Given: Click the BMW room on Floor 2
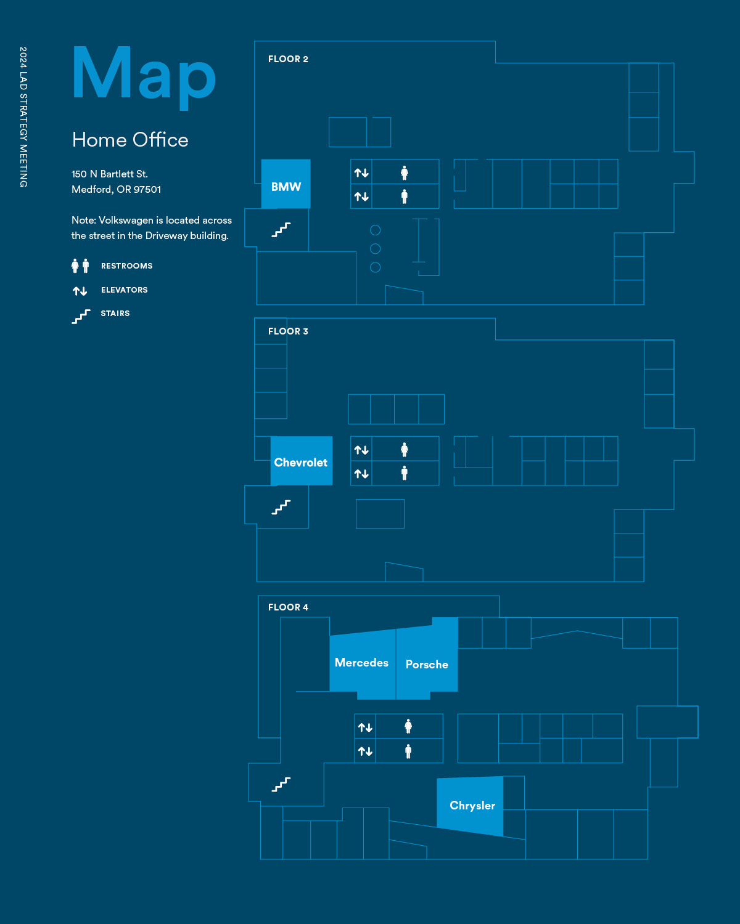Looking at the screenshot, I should (286, 185).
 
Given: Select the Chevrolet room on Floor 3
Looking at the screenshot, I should (301, 461).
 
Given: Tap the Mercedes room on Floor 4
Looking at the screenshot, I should (362, 663).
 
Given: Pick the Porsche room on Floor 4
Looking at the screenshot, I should (427, 665).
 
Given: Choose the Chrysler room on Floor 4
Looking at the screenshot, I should (472, 806).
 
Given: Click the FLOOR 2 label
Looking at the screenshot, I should (288, 59).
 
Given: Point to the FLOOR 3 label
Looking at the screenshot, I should (288, 331).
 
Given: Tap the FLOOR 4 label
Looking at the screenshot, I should (288, 607).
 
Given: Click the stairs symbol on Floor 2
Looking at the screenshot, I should (281, 230).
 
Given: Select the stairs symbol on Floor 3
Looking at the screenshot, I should (281, 507).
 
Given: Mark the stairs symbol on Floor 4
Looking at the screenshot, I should (281, 784).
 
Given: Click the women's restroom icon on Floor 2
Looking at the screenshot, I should (405, 172).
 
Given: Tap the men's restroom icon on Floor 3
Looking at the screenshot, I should (405, 473).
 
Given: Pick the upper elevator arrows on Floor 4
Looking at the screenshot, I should (365, 727).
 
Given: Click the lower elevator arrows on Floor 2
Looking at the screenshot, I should (361, 197).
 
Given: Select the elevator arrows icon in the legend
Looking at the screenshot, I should (80, 291).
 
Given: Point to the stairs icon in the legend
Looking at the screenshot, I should (81, 316).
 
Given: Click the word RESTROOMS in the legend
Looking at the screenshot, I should (126, 266).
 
